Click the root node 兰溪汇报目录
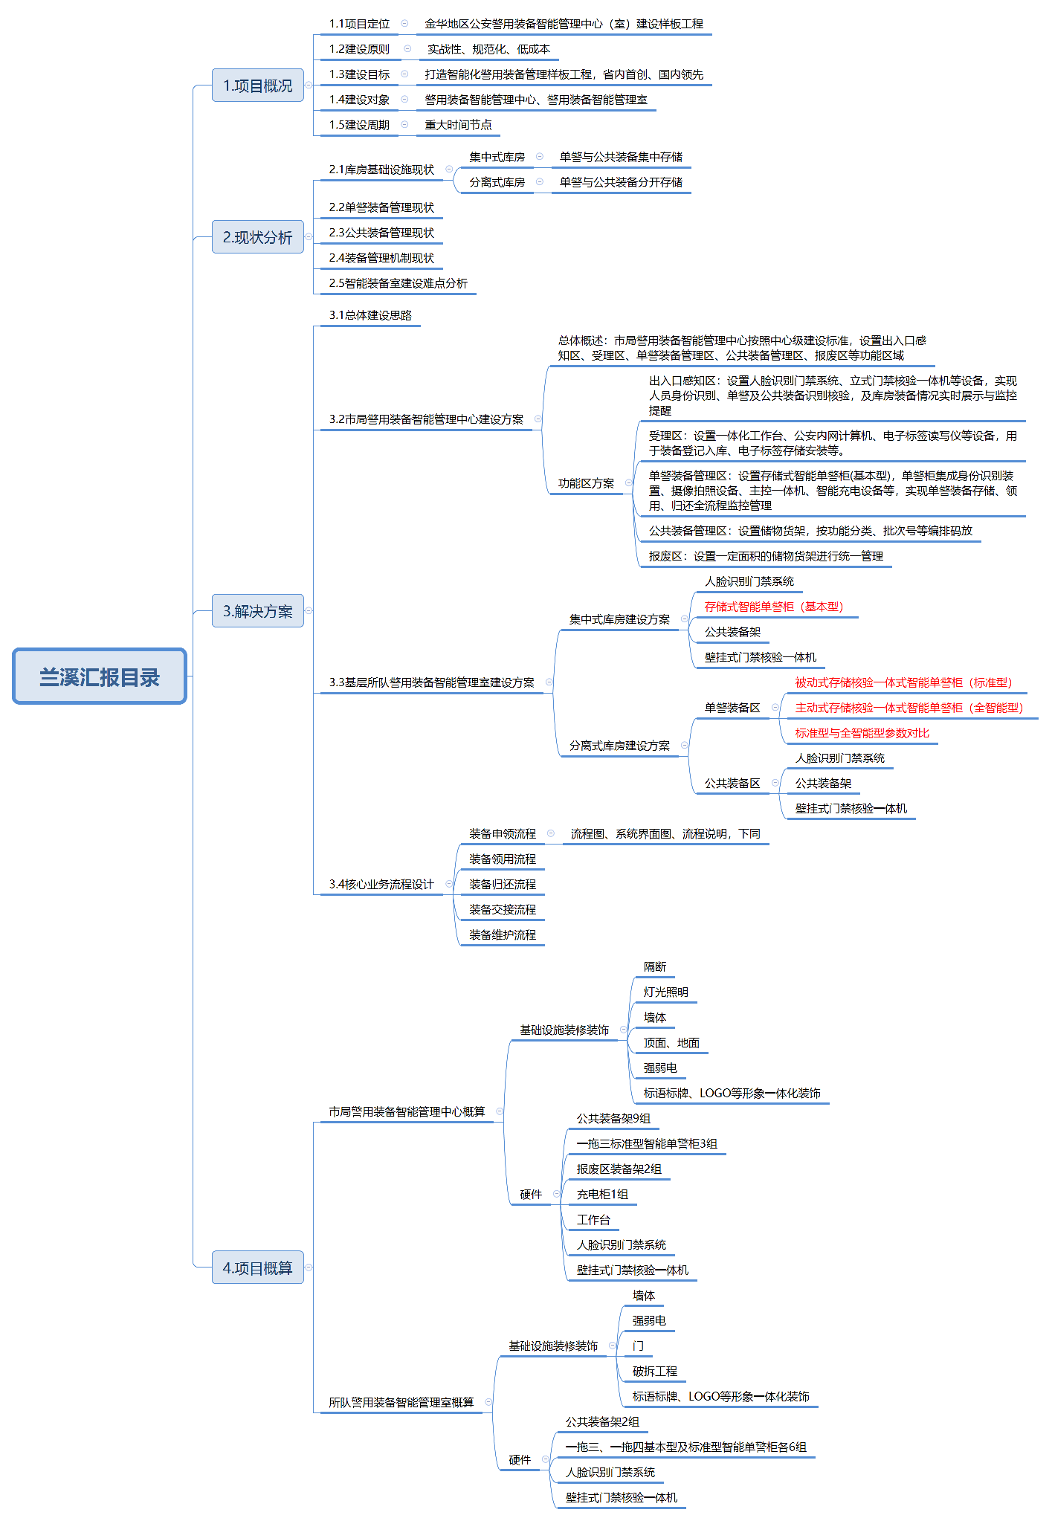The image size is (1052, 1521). coord(100,676)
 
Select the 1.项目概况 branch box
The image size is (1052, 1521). coord(258,85)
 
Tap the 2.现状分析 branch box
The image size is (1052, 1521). coord(258,237)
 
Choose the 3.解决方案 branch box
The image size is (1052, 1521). coord(258,611)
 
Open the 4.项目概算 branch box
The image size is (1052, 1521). coord(258,1267)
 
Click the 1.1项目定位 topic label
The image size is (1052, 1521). coord(359,24)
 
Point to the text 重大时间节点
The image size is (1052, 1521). coord(458,125)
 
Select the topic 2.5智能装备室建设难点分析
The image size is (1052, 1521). coord(398,283)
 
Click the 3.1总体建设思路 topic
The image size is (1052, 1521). coord(370,315)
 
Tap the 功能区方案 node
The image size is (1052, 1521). coord(586,483)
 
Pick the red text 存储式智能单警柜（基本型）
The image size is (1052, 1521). coord(773,607)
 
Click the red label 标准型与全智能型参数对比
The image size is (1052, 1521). coord(862,733)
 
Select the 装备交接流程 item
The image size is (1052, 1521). coord(502,910)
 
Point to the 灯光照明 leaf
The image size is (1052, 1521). coord(665,992)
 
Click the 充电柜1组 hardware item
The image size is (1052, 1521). coord(602,1195)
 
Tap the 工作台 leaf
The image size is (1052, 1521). coord(593,1220)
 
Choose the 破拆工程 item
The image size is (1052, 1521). coord(654,1372)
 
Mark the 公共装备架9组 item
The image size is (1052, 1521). coord(613,1119)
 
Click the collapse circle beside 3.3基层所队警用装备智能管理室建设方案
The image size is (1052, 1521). coord(549,682)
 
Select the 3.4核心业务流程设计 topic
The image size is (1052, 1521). coord(381,885)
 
